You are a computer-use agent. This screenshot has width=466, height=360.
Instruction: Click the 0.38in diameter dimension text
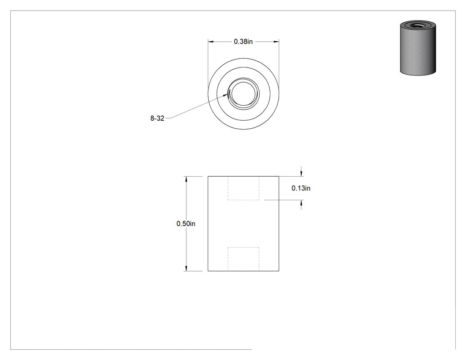pos(243,42)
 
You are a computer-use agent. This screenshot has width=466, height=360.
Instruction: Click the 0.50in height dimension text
pos(186,224)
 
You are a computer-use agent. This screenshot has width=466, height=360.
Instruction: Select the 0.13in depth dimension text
pos(301,188)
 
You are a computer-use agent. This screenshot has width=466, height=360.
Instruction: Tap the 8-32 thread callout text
pos(157,119)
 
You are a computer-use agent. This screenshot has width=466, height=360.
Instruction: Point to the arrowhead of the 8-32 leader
pos(226,95)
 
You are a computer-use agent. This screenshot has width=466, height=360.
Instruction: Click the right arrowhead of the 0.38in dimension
pos(276,42)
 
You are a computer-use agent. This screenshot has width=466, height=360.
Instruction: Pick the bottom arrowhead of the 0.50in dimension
pos(186,268)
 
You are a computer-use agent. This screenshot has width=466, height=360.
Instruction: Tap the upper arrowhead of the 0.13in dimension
pos(301,173)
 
